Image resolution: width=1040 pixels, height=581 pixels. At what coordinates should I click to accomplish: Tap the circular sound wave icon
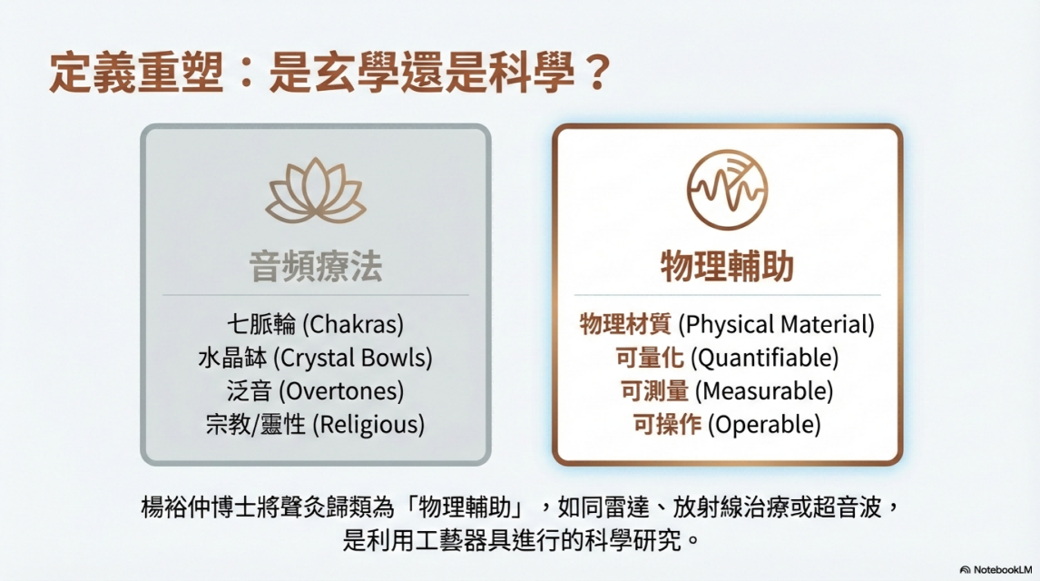[727, 190]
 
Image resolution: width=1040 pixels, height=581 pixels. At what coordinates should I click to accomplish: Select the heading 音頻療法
[316, 267]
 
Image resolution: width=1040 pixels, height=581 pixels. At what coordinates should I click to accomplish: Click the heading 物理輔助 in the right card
[727, 267]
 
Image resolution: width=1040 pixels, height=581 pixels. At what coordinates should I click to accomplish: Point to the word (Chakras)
[353, 324]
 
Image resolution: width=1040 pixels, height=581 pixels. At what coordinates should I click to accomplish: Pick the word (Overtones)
[341, 390]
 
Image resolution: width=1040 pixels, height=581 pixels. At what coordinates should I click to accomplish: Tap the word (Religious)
[368, 425]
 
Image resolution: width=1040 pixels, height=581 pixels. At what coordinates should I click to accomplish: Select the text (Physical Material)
[776, 324]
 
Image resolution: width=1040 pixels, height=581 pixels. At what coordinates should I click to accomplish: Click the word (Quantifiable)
[765, 358]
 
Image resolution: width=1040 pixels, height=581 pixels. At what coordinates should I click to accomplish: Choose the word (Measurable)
[764, 390]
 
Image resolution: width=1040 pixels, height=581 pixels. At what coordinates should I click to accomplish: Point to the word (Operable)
[764, 425]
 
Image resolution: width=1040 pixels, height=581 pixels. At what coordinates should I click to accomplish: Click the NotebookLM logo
[996, 570]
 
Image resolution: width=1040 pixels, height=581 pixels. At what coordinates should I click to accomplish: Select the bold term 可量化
[650, 358]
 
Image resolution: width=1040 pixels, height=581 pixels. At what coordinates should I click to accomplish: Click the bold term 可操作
[667, 425]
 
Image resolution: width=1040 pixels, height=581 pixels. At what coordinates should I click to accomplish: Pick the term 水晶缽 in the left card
[232, 358]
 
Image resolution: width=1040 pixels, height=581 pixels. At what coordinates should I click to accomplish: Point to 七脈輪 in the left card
[261, 324]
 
